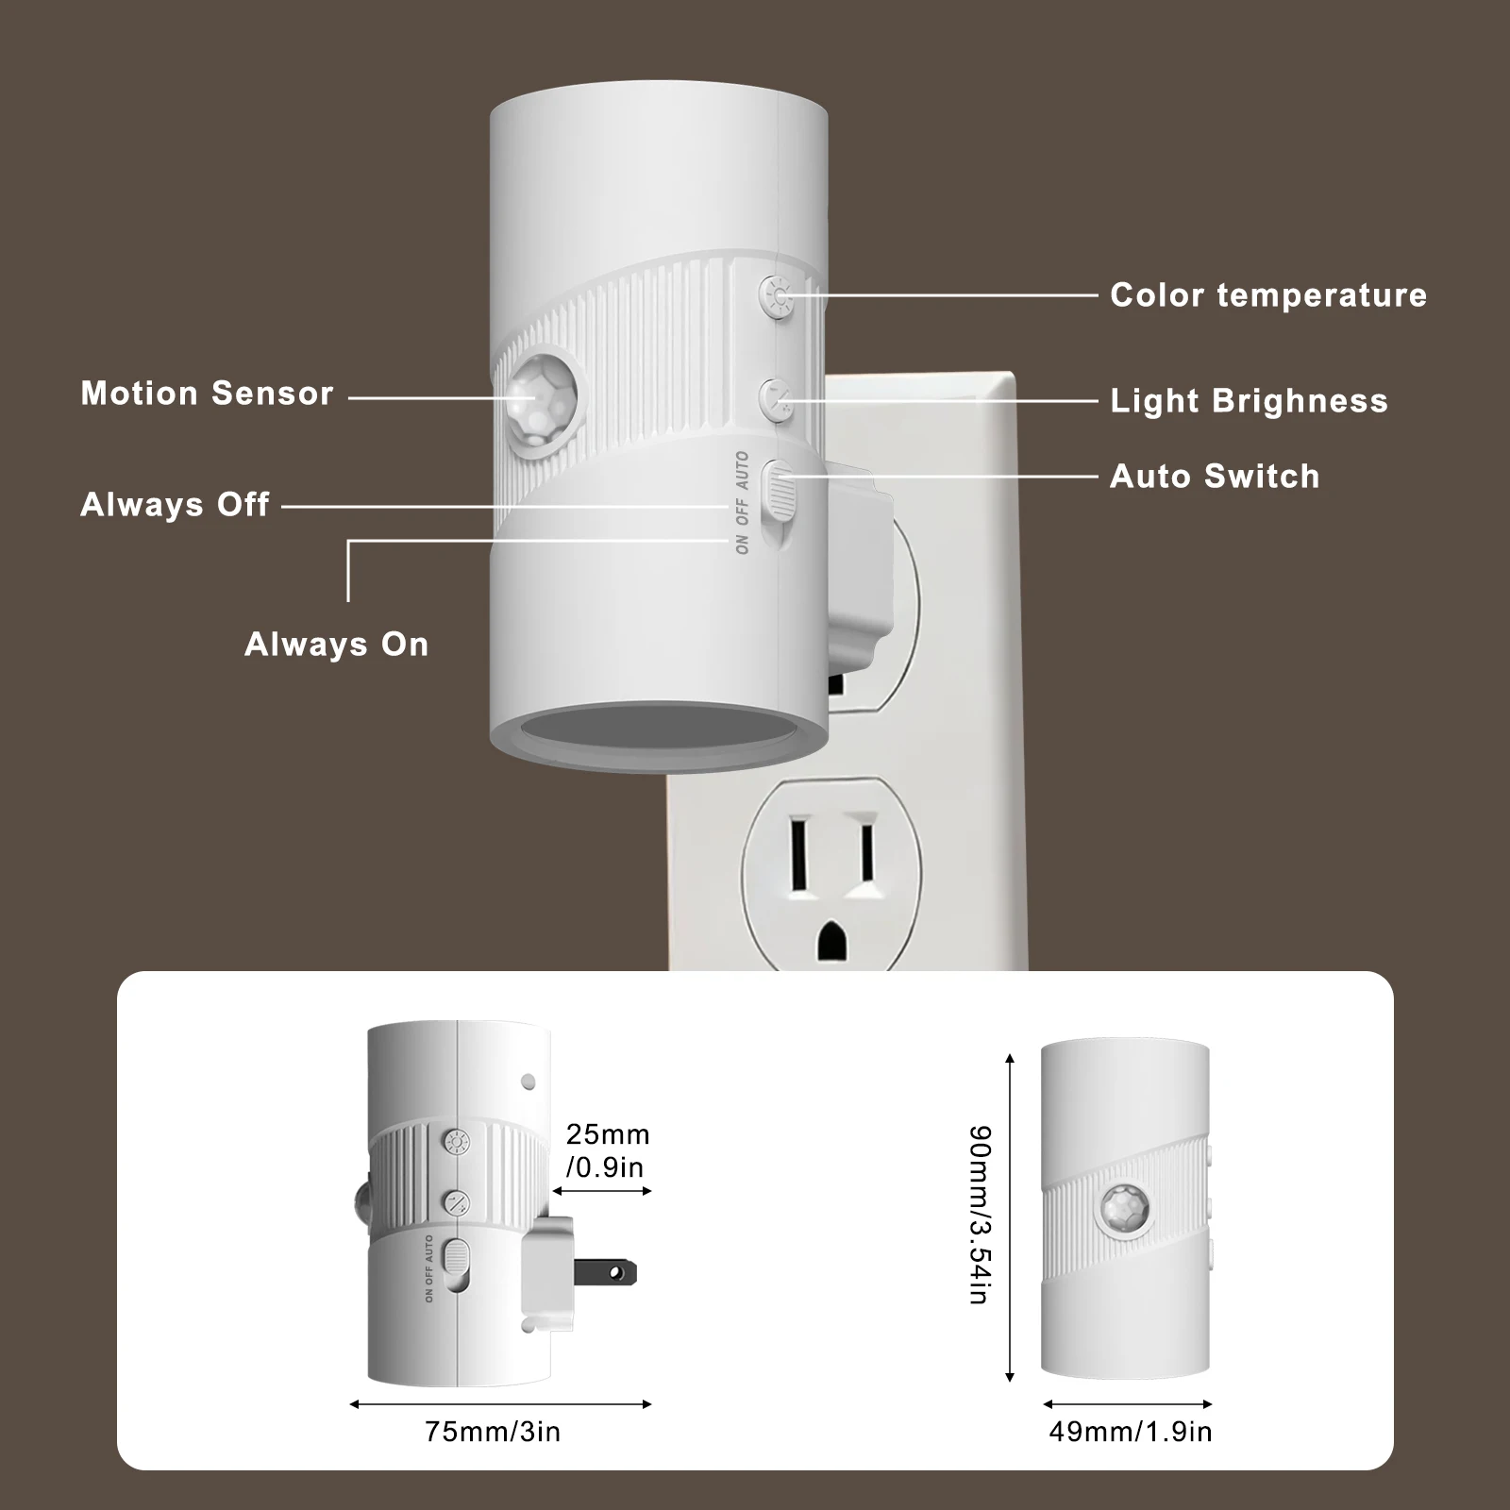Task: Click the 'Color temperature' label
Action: tap(1267, 295)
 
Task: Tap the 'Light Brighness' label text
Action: tap(1249, 401)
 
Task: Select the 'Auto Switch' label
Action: tap(1214, 477)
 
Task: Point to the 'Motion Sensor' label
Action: tap(207, 394)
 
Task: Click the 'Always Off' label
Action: tap(175, 505)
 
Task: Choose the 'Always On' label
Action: tap(336, 645)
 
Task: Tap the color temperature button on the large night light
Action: tap(777, 296)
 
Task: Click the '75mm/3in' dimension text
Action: tap(493, 1432)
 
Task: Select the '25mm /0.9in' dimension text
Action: tap(607, 1150)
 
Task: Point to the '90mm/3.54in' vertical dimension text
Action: tap(981, 1215)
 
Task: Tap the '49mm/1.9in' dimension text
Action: tap(1130, 1432)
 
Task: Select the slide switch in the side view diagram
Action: tap(456, 1264)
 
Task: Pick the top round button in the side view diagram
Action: tap(457, 1143)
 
